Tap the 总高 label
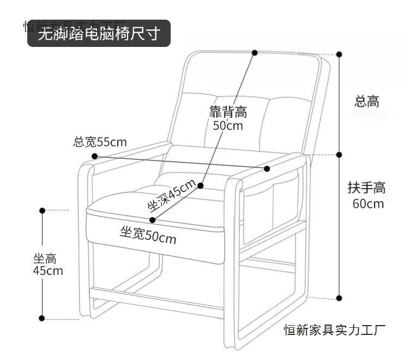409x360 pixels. click(366, 101)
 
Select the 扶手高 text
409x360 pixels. click(366, 188)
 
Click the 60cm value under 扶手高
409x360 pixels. click(368, 204)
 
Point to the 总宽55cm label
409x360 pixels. click(100, 142)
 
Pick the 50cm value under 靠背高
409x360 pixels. click(228, 126)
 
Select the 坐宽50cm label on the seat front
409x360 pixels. click(148, 236)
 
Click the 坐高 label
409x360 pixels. click(45, 259)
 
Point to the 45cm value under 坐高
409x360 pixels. click(47, 271)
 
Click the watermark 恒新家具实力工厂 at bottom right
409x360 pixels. click(335, 329)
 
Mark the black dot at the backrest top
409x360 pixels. click(255, 52)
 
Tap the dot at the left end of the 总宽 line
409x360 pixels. click(94, 156)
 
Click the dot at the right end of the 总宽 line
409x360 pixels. click(267, 169)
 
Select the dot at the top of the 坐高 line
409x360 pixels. click(42, 210)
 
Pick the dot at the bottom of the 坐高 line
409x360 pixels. click(42, 317)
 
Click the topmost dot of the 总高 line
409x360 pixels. click(339, 55)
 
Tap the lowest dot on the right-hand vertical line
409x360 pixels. click(339, 298)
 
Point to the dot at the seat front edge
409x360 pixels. click(152, 220)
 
